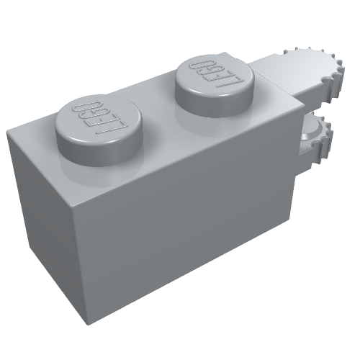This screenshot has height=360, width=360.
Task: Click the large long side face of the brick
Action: (187, 216)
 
